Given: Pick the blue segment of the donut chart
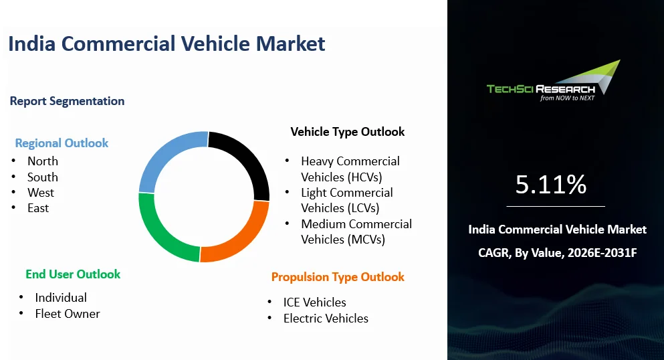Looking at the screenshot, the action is click(163, 155).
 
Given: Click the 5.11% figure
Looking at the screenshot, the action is click(551, 185).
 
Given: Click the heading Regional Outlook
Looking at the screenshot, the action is click(62, 143).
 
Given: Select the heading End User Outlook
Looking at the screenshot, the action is click(73, 274).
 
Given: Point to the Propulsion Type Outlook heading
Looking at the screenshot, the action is click(338, 277).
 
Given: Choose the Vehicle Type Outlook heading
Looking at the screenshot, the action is click(348, 132).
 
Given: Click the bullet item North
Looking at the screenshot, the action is click(43, 161).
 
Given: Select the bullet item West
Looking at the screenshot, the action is click(41, 193).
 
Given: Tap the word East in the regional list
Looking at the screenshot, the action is click(38, 208).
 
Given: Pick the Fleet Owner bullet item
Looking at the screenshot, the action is click(68, 314).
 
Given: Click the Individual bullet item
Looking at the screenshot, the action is click(61, 298).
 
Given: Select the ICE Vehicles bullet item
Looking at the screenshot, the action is click(315, 302).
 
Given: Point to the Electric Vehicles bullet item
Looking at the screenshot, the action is click(326, 319).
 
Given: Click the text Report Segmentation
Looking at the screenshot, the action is click(68, 101).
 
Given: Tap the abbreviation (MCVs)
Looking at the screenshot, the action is click(366, 240).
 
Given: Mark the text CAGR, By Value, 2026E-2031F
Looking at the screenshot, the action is click(557, 253).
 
